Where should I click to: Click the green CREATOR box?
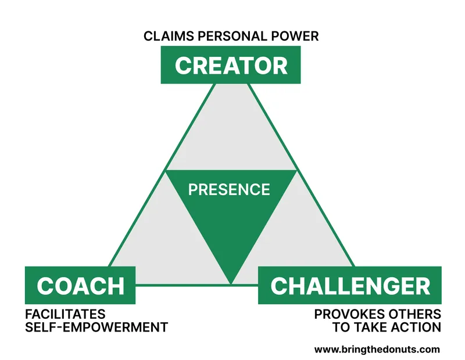[x=231, y=65]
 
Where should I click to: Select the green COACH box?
[x=81, y=285]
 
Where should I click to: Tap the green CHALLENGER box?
[x=350, y=285]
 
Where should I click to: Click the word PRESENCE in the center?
[x=229, y=189]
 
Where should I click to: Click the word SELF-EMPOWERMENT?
[x=96, y=327]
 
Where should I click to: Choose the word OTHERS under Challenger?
[x=415, y=314]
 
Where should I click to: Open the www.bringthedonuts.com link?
[x=377, y=350]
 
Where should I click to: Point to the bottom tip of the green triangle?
[x=231, y=282]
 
